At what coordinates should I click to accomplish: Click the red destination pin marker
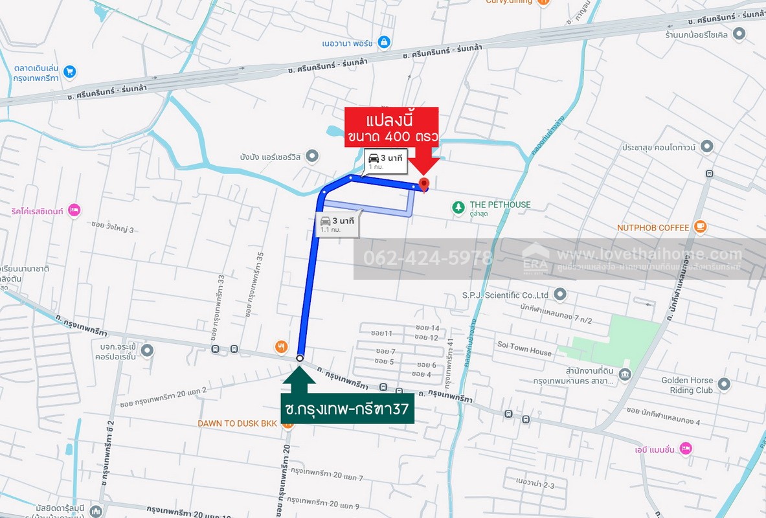click(x=424, y=185)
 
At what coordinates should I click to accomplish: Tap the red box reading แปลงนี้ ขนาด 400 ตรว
click(x=392, y=128)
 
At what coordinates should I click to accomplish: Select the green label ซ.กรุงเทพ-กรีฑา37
click(x=348, y=410)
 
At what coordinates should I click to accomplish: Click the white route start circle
click(x=300, y=357)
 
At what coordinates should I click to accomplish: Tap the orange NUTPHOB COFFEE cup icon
click(x=699, y=227)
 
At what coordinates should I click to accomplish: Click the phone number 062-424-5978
click(x=428, y=258)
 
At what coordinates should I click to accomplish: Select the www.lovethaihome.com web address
click(x=649, y=254)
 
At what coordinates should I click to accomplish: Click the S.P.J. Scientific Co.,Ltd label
click(x=505, y=295)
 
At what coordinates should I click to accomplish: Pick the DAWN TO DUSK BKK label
click(x=238, y=423)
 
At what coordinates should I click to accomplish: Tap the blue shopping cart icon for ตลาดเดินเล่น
click(x=70, y=72)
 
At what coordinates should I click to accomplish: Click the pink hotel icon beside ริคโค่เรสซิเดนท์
click(x=74, y=209)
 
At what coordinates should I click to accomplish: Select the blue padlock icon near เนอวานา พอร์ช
click(x=384, y=42)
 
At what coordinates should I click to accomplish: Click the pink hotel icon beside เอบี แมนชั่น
click(x=686, y=448)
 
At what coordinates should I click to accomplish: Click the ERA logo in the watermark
click(x=535, y=258)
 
